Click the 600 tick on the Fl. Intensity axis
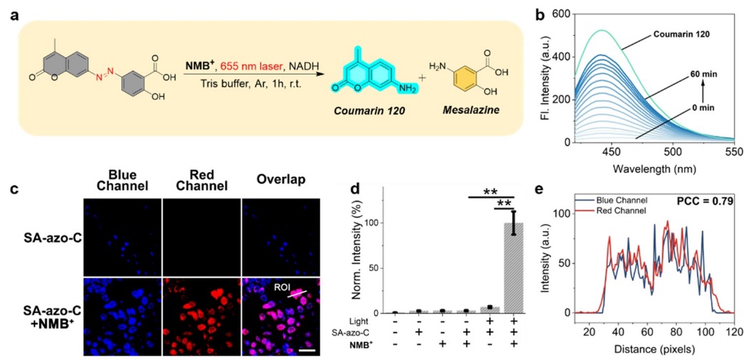[x=562, y=14]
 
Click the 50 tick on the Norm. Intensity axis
[x=377, y=268]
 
